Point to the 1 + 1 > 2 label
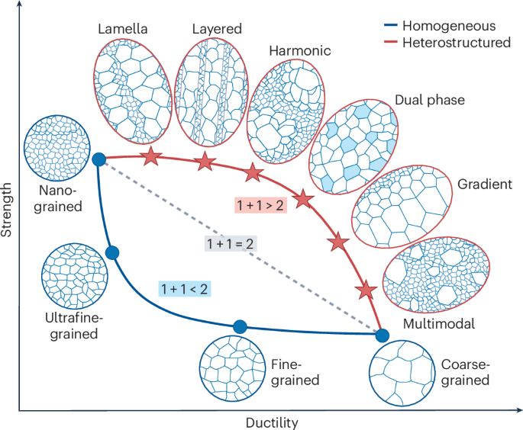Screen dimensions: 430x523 click(x=260, y=205)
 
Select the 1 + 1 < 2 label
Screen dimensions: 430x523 click(x=185, y=289)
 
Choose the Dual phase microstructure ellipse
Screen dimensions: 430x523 click(x=354, y=146)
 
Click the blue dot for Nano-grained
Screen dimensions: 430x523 click(x=98, y=159)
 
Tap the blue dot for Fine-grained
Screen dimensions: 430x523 click(x=240, y=326)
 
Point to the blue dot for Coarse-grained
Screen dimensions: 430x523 click(x=383, y=334)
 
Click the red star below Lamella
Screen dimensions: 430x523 click(x=151, y=157)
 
